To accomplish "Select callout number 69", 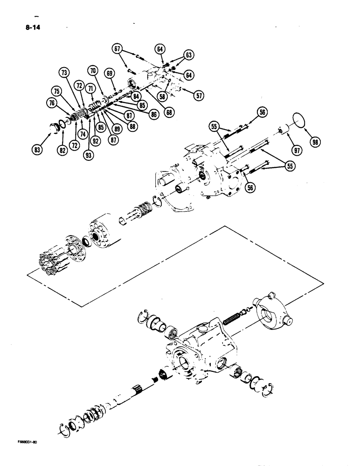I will (x=110, y=74).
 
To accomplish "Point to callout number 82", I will (x=62, y=149).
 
